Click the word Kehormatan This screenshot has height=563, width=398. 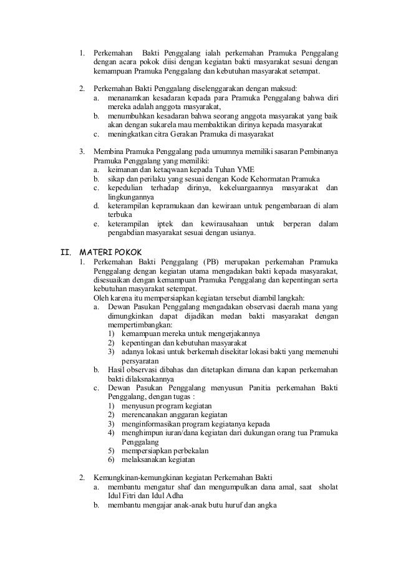[x=269, y=178]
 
